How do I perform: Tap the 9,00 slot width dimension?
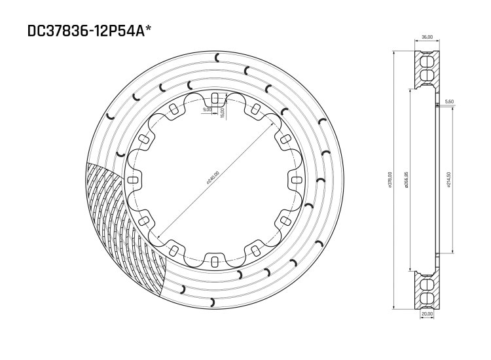pos(208,110)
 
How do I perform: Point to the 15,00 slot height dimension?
pos(223,112)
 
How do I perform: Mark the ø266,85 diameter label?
pos(407,179)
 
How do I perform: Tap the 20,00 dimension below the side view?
pos(426,314)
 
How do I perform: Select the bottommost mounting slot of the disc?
pos(215,261)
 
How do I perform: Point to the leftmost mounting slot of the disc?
pos(133,180)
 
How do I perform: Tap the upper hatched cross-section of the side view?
pos(426,69)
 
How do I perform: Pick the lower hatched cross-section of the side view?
pos(426,290)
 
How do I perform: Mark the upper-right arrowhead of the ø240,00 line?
pos(270,124)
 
